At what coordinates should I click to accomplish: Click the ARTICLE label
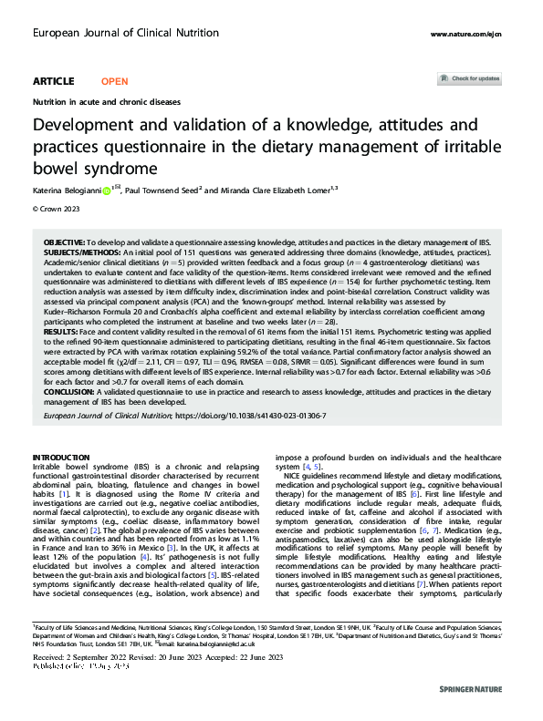coord(53,81)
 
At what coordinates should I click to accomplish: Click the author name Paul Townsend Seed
coord(162,191)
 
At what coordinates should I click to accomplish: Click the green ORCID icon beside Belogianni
coord(106,191)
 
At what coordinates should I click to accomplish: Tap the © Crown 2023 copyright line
coord(57,209)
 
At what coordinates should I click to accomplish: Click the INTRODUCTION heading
coord(61,457)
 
